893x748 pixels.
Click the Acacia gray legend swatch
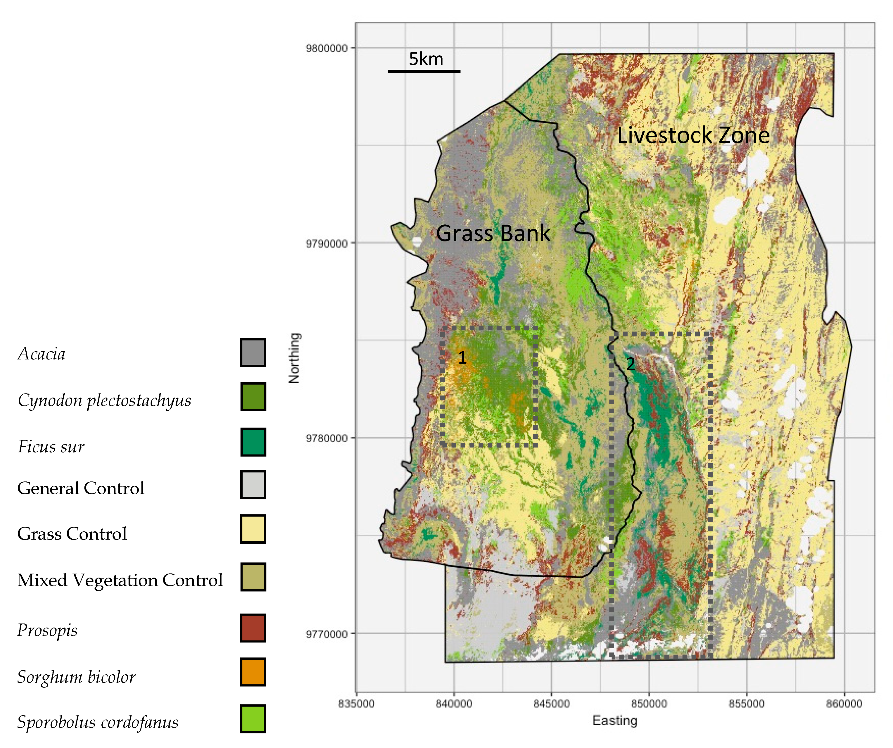tap(253, 352)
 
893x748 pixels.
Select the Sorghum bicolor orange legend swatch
tap(253, 672)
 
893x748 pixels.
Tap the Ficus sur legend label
tap(51, 447)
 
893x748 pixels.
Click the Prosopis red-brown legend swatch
tap(253, 628)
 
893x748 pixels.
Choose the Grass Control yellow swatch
tap(253, 529)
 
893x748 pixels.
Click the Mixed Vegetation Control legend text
tap(120, 580)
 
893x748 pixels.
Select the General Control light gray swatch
tap(253, 485)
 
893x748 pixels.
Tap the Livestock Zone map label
tap(693, 135)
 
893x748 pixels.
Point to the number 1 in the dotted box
tap(462, 358)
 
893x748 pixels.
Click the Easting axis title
tap(615, 720)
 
